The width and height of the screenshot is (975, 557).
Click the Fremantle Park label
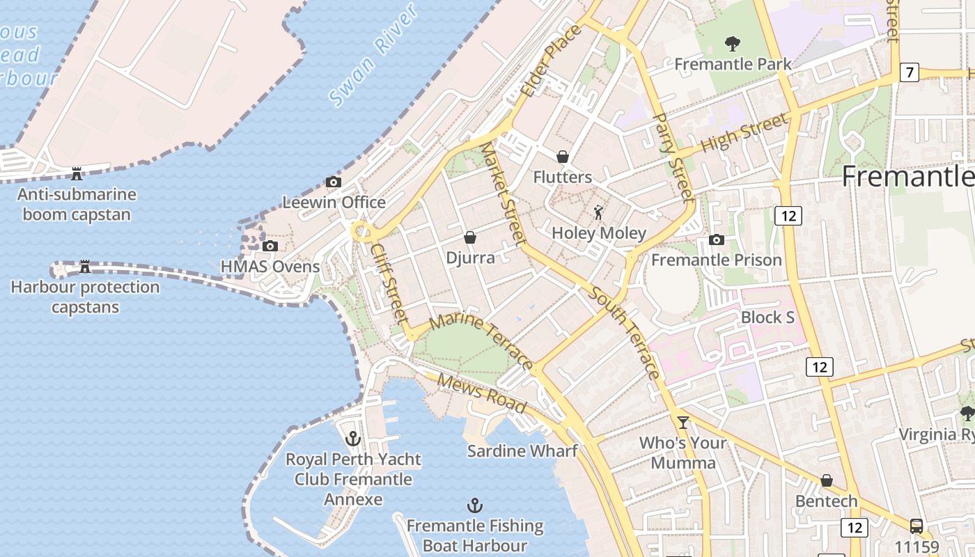[x=733, y=64]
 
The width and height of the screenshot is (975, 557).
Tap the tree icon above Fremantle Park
[x=732, y=44]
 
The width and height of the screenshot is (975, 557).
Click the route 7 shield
[x=909, y=72]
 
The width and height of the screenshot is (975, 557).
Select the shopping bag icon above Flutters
[x=563, y=157]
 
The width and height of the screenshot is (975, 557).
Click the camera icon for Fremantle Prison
[x=716, y=240]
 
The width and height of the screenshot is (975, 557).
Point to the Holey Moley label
[x=599, y=233]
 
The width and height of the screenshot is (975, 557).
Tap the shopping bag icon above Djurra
[x=470, y=237]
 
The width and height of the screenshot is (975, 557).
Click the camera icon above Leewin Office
[x=334, y=182]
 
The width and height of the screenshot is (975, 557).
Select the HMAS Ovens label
[x=270, y=266]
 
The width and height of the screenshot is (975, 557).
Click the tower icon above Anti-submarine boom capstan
[x=77, y=173]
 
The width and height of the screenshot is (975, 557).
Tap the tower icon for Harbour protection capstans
[x=85, y=266]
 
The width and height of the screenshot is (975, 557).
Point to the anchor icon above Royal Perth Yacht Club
[x=353, y=439]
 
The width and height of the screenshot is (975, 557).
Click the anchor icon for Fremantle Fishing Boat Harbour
[x=474, y=505]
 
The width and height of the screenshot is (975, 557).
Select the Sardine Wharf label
[x=522, y=450]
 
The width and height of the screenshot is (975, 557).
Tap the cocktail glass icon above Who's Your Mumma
[x=682, y=422]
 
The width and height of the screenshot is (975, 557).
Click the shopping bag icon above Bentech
[x=826, y=480]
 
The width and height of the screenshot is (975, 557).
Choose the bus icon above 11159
[x=916, y=526]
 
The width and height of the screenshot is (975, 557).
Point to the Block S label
[x=767, y=317]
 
